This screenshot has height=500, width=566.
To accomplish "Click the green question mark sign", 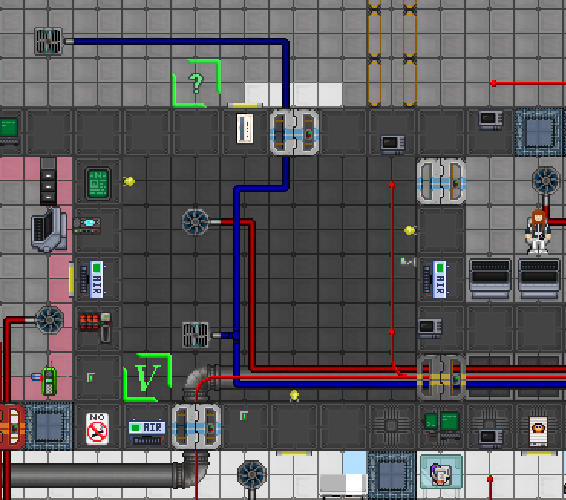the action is [196, 83].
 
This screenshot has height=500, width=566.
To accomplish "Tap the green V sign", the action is [147, 377].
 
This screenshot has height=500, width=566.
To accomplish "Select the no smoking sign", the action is [97, 428].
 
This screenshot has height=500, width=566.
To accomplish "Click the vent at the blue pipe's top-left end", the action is [48, 41].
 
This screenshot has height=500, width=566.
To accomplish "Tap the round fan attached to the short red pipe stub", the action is [195, 222].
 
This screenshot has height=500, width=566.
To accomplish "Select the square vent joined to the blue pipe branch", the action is [195, 335].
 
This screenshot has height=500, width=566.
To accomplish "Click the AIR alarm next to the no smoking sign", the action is [146, 431].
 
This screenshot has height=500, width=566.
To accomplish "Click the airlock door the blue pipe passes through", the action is [294, 132].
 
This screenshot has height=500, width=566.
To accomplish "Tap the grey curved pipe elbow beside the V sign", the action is [201, 381].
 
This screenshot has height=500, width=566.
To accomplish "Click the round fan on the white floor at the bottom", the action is [250, 475].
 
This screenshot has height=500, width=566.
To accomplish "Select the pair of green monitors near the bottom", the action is [440, 421].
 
